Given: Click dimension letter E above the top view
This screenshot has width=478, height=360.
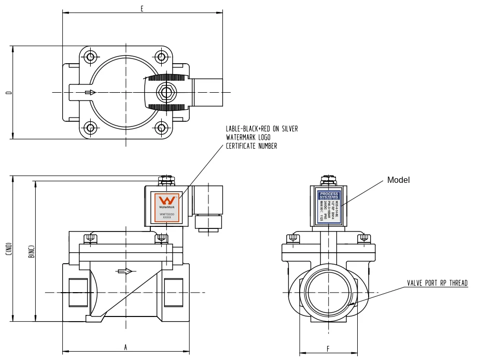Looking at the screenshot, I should (142, 8).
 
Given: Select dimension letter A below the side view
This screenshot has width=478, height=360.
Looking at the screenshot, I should (125, 348).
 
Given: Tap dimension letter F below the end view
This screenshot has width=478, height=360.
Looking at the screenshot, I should (328, 349).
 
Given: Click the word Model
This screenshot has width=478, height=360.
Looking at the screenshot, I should (399, 180).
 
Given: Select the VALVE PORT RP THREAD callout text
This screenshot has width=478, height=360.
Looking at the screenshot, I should (437, 283).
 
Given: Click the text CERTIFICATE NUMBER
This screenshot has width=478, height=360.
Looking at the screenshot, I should (251, 146).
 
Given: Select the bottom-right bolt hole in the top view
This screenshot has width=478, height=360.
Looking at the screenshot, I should (162, 127).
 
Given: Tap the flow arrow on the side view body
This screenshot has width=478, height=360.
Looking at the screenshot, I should (125, 271).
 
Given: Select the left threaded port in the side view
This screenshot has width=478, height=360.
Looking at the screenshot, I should (76, 293).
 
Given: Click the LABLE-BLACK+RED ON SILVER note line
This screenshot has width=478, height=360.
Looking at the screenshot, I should (262, 128).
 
